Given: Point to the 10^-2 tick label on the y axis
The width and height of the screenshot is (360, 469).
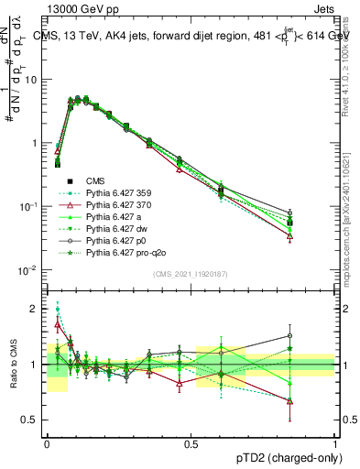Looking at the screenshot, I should tap(27, 270).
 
